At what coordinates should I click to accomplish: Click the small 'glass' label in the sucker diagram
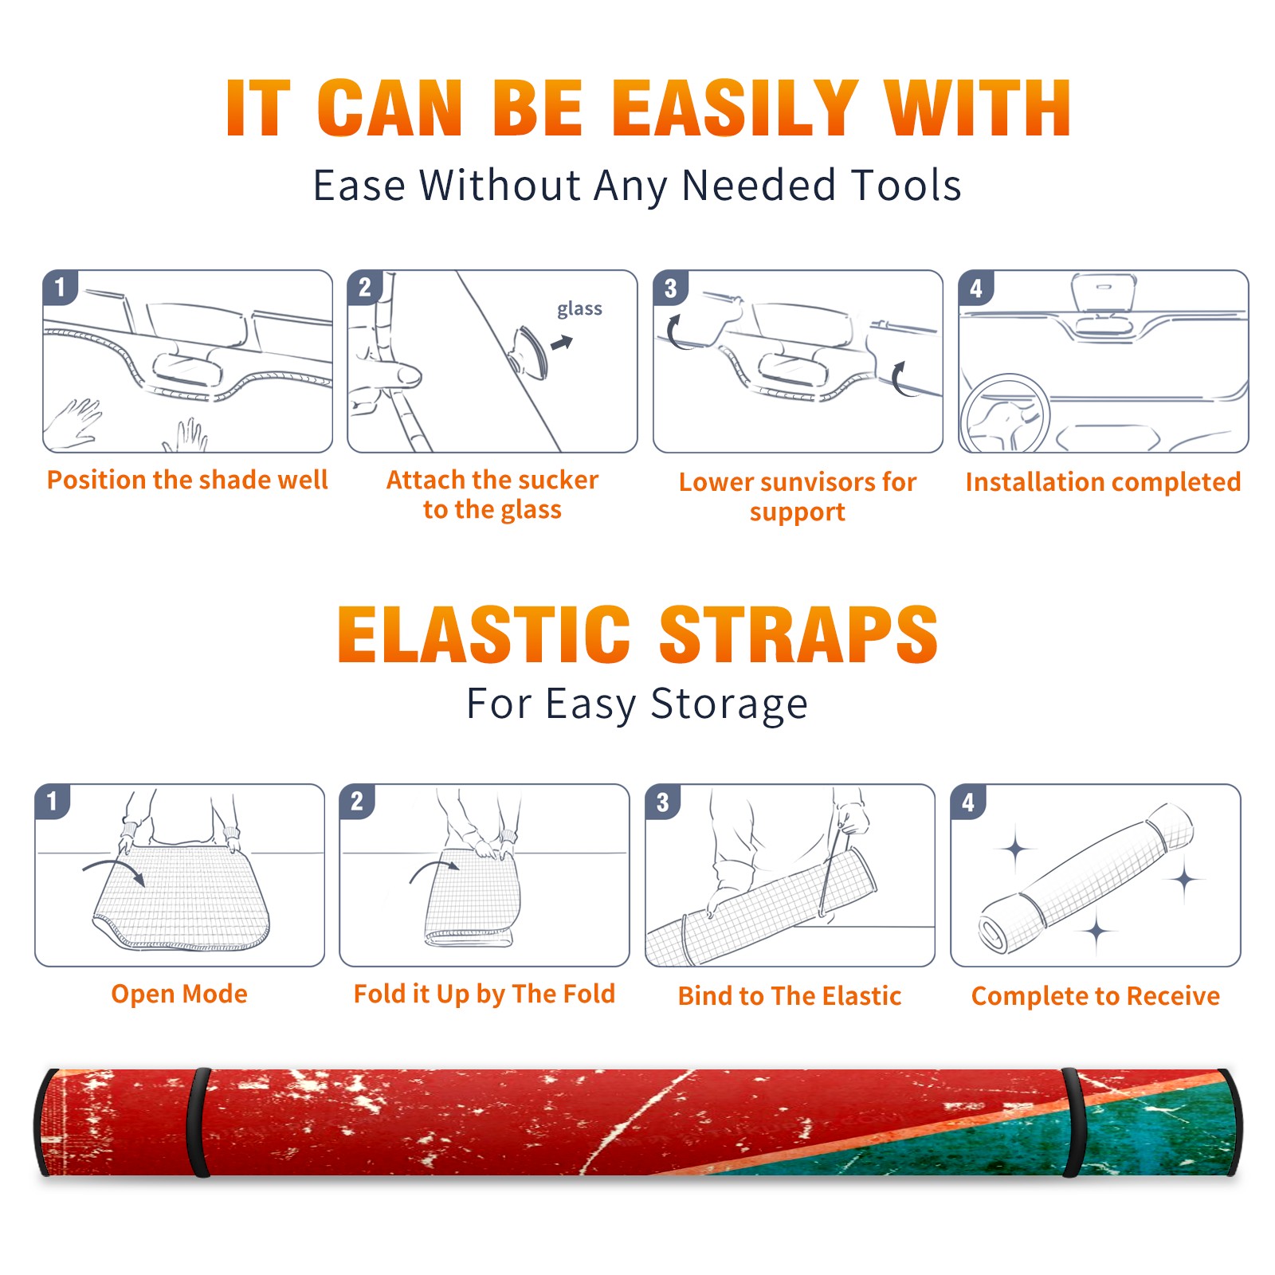579,309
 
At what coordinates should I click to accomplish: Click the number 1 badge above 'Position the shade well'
60,287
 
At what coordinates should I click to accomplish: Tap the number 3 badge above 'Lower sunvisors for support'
670,287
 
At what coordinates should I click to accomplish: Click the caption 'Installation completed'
1103,481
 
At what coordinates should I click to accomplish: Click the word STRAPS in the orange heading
798,634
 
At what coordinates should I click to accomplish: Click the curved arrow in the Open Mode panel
114,865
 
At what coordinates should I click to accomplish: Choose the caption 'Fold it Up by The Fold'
484,994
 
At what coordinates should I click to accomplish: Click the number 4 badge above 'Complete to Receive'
968,801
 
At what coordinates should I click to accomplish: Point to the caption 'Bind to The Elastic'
790,996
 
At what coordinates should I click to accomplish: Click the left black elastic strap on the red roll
198,1122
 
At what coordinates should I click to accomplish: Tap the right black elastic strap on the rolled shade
1073,1122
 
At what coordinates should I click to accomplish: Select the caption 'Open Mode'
179,994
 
